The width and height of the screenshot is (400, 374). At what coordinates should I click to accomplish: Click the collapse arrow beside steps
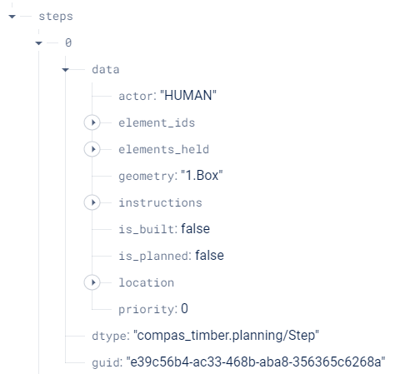[x=12, y=15]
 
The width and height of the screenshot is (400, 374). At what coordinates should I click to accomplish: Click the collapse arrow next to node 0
[x=38, y=42]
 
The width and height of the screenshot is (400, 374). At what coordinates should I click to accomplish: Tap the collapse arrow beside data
[x=65, y=69]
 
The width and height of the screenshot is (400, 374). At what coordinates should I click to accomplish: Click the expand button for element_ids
[x=92, y=122]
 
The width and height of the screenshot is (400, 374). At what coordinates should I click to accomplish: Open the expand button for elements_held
[x=92, y=149]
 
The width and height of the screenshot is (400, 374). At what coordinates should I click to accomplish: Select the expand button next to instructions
[x=92, y=202]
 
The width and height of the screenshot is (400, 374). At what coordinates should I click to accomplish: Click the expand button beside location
[x=92, y=282]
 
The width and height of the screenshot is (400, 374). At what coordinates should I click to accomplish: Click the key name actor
[x=137, y=96]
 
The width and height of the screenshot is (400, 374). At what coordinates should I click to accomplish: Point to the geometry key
[x=147, y=176]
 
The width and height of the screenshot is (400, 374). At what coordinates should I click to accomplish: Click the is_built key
[x=147, y=229]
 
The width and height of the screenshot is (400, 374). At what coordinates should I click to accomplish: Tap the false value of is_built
[x=195, y=229]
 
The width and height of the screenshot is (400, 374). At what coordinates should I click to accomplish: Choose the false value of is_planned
[x=209, y=256]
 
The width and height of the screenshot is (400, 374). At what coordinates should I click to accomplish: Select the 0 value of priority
[x=184, y=309]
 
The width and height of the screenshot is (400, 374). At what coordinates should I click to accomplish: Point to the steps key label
[x=56, y=15]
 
